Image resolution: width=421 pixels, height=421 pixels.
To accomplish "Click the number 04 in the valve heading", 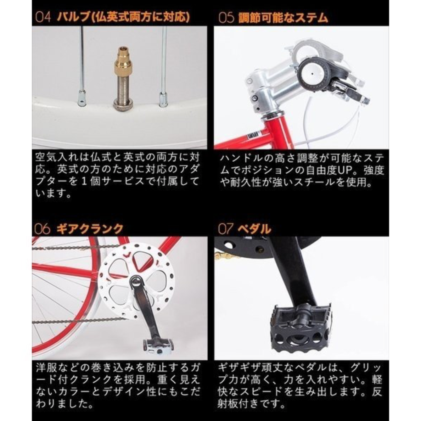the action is pos(43,17).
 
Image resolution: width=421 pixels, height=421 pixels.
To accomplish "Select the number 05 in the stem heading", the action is pos(226,18).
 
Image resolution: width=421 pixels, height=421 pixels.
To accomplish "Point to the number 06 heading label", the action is pos(43,229).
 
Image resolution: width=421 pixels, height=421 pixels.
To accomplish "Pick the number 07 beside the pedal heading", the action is pos(225,229).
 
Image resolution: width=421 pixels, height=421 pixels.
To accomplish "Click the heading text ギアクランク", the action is pos(90,229).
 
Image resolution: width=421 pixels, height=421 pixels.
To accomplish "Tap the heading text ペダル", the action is pos(254,229).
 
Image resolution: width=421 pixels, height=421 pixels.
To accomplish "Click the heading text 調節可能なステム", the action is pos(283,18).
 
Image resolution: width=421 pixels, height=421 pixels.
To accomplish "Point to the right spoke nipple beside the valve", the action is pos(162,99).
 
